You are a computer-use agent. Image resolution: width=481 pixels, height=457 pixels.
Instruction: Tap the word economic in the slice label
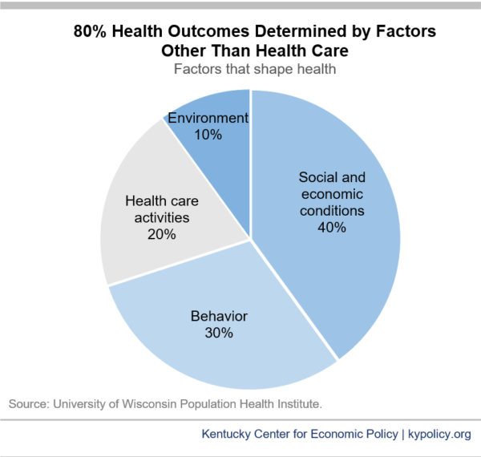[x=331, y=194]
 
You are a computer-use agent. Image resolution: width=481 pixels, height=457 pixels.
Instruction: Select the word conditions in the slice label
[x=331, y=211]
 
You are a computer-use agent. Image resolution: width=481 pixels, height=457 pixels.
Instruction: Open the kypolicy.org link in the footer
[x=441, y=435]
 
